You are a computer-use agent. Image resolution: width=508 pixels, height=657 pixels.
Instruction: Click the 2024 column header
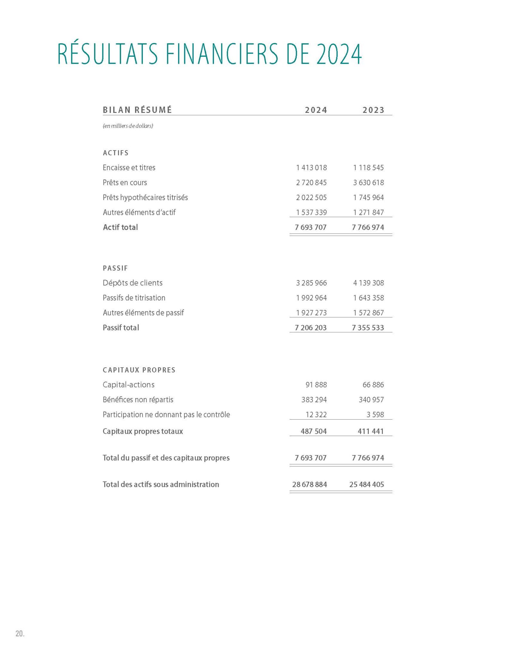316,110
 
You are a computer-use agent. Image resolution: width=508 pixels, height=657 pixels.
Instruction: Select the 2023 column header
373,110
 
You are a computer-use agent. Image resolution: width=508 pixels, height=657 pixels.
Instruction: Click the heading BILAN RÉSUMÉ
137,110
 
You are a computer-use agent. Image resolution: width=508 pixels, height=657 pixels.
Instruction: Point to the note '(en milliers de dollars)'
128,126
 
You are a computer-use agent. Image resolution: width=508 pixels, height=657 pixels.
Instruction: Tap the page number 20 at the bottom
20,634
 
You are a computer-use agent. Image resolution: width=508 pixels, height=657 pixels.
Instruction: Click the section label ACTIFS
116,153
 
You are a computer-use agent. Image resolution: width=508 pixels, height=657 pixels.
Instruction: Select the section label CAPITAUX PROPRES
139,370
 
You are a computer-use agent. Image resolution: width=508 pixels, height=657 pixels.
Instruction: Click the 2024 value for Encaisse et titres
311,167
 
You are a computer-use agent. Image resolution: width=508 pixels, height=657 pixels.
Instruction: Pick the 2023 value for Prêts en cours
368,183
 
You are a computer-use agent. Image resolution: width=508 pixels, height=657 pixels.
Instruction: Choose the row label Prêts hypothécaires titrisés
145,197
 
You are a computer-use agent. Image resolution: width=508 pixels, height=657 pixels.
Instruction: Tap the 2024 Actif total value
311,227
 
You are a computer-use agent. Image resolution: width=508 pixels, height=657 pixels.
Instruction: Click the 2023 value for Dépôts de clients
368,283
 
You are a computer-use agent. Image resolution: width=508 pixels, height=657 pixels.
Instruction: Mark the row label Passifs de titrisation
134,298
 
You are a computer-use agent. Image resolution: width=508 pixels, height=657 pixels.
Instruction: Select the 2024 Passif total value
311,328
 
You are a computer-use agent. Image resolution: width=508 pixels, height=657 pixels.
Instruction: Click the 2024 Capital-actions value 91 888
316,385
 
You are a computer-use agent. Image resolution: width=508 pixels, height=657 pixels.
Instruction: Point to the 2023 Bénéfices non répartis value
371,400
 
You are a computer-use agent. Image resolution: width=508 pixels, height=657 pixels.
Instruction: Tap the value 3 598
375,414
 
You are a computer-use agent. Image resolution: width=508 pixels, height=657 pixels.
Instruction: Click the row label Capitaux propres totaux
142,431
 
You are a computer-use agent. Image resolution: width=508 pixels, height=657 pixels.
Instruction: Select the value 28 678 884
309,484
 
